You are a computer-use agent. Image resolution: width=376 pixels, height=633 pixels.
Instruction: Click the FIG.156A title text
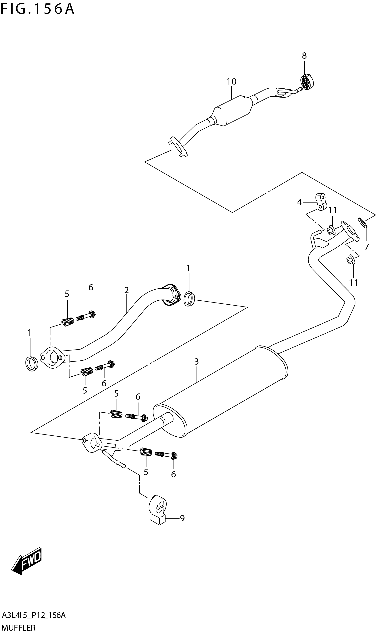[x=37, y=9]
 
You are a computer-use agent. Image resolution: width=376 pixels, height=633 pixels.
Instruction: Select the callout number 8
[x=304, y=55]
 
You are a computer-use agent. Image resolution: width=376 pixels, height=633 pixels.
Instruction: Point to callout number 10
[x=231, y=82]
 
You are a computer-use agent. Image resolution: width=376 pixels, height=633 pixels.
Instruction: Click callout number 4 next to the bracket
[x=299, y=202]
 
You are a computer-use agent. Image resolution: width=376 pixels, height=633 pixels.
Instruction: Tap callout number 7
[x=367, y=247]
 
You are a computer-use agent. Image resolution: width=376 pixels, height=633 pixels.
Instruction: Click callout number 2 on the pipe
[x=126, y=290]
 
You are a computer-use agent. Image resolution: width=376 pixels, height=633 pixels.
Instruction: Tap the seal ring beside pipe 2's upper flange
[x=189, y=299]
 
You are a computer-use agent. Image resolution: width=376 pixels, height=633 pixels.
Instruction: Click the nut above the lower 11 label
[x=350, y=260]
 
